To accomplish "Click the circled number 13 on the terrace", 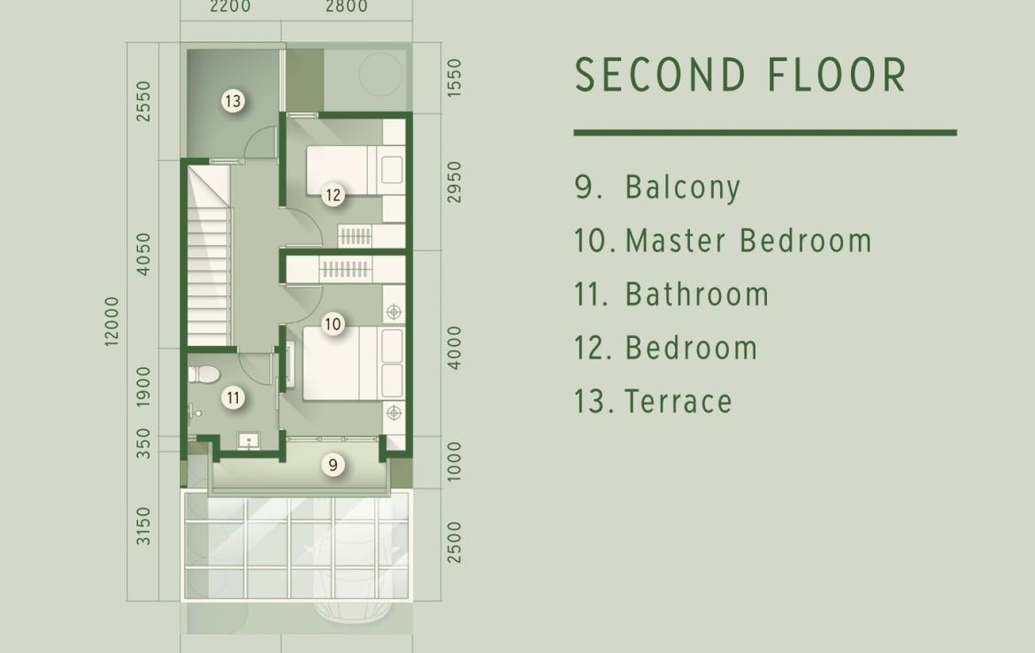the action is (233, 101).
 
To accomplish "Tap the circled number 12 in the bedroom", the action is (333, 195).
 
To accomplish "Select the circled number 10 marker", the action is (333, 324).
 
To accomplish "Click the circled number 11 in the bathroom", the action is (233, 397).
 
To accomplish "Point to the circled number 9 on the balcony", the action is (333, 465).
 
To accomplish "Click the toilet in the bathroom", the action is (203, 374).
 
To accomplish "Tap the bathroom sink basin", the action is (249, 441).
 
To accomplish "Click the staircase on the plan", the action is (209, 254).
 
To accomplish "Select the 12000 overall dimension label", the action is (111, 321).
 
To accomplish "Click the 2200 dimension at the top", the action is (230, 6).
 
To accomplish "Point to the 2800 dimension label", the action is (347, 6).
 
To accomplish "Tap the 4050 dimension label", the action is (143, 254).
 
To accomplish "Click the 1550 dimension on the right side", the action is (454, 78).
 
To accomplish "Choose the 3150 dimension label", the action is (143, 526).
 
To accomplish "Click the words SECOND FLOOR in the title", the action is (741, 74).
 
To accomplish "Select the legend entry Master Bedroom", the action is (748, 241).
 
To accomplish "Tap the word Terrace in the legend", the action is (678, 402).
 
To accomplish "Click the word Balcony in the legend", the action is (683, 187).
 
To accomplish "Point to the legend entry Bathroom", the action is (697, 294).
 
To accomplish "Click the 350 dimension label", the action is (143, 443).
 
